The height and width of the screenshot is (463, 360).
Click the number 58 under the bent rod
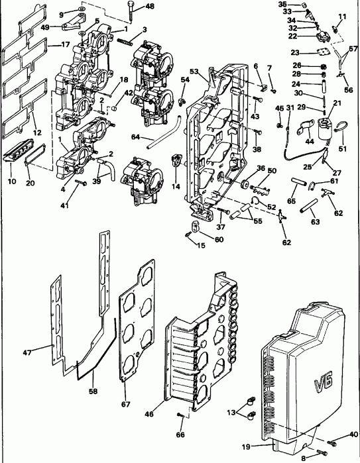point(93,391)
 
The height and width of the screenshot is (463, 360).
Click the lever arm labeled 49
point(70,26)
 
